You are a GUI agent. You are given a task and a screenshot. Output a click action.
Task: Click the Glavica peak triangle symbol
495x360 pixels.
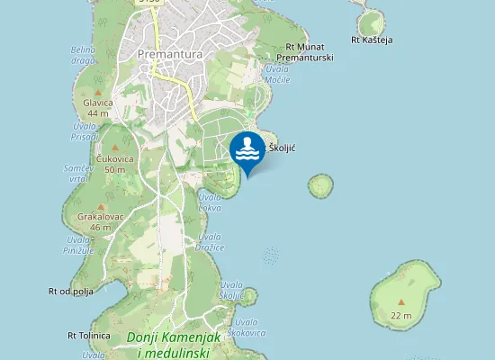click(97, 92)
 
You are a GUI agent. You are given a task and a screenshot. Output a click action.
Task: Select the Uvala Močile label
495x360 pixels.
click(277, 75)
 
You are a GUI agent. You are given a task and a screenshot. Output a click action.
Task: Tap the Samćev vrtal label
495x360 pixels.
click(76, 174)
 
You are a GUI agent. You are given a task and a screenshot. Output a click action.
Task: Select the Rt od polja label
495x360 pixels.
click(71, 291)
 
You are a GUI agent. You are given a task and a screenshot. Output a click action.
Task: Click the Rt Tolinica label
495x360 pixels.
click(88, 335)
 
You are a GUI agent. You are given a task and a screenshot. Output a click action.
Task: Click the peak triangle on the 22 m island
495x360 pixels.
click(401, 300)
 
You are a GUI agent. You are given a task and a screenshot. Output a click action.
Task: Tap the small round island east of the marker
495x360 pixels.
click(320, 186)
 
